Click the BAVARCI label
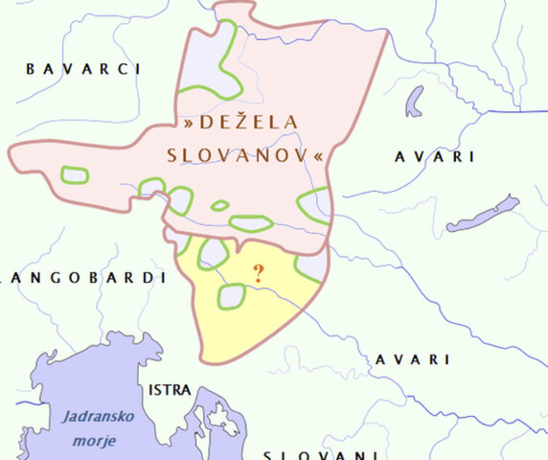84,69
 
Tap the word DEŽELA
251,123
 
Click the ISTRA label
170,391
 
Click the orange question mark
258,273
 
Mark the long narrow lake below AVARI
483,214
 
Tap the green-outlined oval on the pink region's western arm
75,174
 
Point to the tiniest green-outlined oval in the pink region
219,205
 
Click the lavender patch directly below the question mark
231,296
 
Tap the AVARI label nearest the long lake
434,157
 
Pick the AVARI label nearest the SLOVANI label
412,359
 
